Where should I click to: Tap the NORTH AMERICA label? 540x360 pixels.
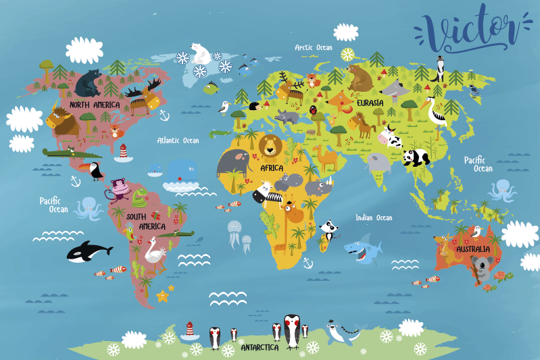[95, 105]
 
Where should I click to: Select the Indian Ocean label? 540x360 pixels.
[374, 217]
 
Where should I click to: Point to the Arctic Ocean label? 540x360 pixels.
[314, 47]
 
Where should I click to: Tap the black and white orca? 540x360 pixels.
[88, 251]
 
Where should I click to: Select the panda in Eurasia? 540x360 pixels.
[416, 157]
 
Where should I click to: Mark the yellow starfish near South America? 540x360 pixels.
[163, 295]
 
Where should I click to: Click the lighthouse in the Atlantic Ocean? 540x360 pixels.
[122, 153]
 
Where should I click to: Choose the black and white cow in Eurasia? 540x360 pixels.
[390, 137]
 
